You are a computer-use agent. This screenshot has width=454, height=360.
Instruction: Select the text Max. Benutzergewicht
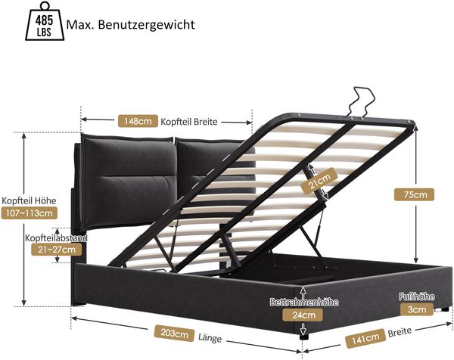click(x=131, y=25)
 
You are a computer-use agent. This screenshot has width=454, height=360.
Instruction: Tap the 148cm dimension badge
click(x=138, y=121)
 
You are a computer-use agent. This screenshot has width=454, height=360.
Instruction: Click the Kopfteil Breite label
click(x=188, y=122)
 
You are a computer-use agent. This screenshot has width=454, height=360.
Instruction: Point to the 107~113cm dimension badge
click(x=29, y=213)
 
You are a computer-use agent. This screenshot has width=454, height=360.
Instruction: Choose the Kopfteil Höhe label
click(x=29, y=200)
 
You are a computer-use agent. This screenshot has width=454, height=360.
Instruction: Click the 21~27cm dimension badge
click(x=57, y=250)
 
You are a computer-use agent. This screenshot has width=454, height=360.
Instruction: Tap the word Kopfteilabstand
click(x=56, y=238)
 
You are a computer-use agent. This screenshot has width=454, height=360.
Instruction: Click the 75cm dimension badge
click(x=415, y=194)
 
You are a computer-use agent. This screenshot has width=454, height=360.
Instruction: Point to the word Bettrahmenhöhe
click(x=304, y=302)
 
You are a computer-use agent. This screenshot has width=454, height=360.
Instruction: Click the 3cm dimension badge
click(x=417, y=309)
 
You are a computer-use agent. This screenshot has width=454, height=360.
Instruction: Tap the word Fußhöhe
click(x=417, y=296)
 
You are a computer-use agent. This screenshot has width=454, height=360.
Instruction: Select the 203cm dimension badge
click(x=174, y=334)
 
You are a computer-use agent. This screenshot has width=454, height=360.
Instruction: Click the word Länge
click(x=210, y=338)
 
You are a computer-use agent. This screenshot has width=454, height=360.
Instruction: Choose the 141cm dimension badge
click(x=365, y=338)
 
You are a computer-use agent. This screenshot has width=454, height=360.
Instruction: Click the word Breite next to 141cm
click(x=400, y=332)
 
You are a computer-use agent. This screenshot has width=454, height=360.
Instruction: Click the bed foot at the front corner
click(x=303, y=337)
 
